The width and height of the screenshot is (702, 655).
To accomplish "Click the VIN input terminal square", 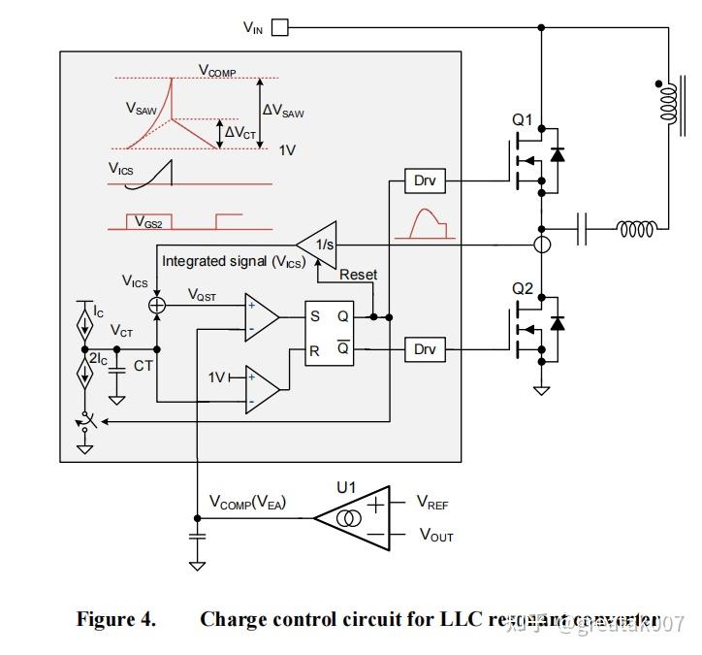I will (279, 28).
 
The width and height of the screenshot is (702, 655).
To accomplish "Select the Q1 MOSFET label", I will (523, 120).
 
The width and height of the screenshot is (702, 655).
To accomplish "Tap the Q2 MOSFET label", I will (523, 288).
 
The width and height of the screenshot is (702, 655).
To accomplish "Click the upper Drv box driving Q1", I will (425, 180).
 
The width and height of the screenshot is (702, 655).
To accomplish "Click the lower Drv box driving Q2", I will (425, 349).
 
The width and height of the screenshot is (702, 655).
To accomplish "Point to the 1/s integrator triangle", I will (318, 245).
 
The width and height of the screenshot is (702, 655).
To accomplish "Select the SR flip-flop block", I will (329, 333).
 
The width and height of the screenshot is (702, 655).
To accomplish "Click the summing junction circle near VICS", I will (157, 305).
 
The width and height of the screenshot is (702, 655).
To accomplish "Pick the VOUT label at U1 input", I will (435, 535).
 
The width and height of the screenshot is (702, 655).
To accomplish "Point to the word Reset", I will (358, 275).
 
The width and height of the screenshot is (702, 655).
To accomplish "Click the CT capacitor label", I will (143, 366).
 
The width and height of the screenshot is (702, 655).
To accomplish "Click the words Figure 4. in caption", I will (115, 620).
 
